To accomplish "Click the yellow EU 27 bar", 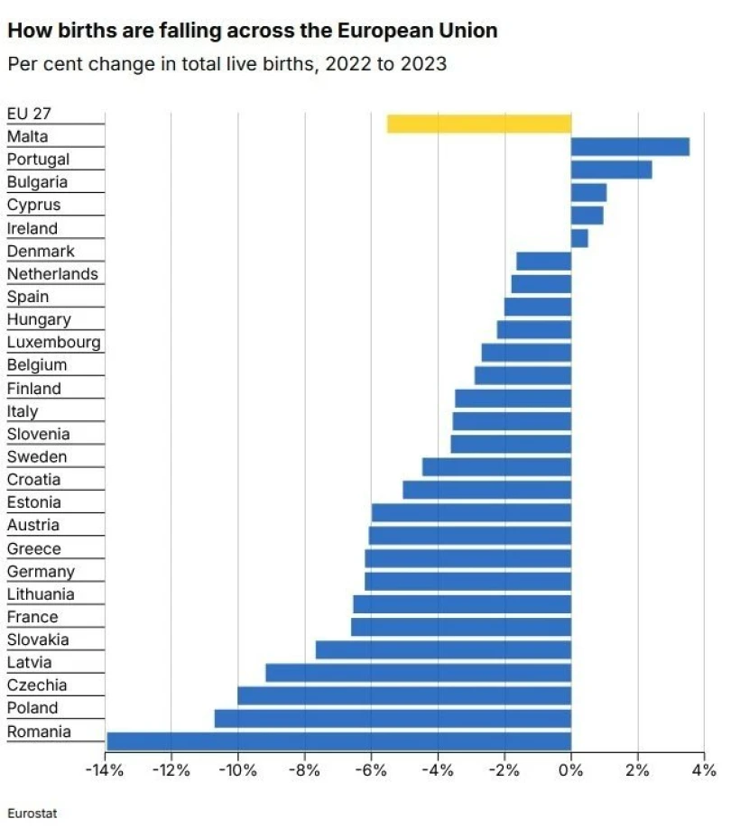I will click(479, 124).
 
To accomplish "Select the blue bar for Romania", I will click(338, 741).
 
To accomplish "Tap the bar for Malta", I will click(630, 146).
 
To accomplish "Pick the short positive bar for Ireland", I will click(579, 238).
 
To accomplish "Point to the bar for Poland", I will click(393, 718).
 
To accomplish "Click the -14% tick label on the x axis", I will click(105, 770).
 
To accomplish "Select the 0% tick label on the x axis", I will click(570, 770).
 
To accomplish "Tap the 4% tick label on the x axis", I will click(704, 770).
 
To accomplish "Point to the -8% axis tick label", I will click(305, 770).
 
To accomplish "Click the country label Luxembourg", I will click(54, 342).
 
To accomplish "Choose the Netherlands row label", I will click(52, 273).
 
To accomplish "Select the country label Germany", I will click(41, 571).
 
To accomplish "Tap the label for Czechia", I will click(37, 685).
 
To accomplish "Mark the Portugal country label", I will click(38, 159).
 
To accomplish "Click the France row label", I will click(32, 617).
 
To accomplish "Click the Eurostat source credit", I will click(32, 813).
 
